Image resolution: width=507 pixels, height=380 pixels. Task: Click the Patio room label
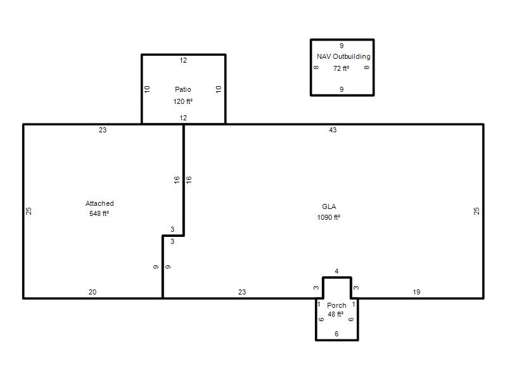tap(183, 89)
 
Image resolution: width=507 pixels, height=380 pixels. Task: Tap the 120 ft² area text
tap(183, 101)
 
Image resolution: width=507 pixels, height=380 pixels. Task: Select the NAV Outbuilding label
tap(343, 56)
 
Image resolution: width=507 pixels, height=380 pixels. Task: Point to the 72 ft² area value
tap(341, 68)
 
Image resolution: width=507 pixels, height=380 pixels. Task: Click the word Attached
tap(99, 203)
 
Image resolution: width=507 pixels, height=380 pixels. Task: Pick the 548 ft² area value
tap(99, 213)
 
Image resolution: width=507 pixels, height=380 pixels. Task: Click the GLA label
tap(329, 207)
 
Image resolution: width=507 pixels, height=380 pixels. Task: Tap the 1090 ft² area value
tap(328, 217)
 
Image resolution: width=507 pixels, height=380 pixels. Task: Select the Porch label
tap(337, 305)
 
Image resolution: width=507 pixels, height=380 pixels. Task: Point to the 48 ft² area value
tap(336, 314)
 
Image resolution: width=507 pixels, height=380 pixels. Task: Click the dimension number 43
tap(333, 130)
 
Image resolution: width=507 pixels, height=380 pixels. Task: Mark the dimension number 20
tap(93, 292)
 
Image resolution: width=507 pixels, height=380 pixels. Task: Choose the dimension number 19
tap(416, 292)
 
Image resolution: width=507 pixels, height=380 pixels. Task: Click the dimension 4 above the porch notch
tap(337, 271)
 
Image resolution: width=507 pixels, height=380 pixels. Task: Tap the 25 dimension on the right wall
tap(477, 211)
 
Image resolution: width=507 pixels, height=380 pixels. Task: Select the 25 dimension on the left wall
tap(29, 211)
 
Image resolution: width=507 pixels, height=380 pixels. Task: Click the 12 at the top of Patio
tap(183, 60)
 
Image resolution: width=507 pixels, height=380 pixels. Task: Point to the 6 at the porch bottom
tap(337, 334)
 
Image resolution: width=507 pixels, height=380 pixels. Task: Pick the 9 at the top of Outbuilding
tap(342, 46)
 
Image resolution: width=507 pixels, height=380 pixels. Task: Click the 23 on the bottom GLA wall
tap(242, 292)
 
